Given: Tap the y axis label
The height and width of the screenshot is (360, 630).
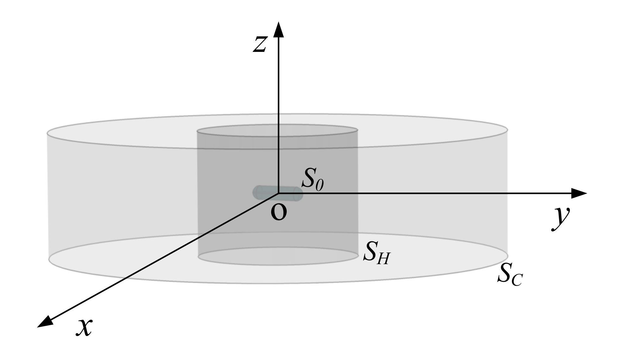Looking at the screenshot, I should (560, 218).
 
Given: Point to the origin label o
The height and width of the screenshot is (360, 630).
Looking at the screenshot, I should (279, 213).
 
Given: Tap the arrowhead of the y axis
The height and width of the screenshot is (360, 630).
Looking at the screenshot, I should (579, 193).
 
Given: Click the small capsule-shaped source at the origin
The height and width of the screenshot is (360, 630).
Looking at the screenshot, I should (277, 193).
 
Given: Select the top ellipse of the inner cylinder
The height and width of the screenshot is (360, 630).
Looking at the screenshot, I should (277, 130).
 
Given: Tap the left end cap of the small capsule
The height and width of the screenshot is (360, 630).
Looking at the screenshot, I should (256, 192).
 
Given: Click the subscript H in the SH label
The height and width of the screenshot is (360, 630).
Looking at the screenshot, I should (383, 259).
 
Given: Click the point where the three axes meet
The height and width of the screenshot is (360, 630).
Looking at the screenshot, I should (278, 193).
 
